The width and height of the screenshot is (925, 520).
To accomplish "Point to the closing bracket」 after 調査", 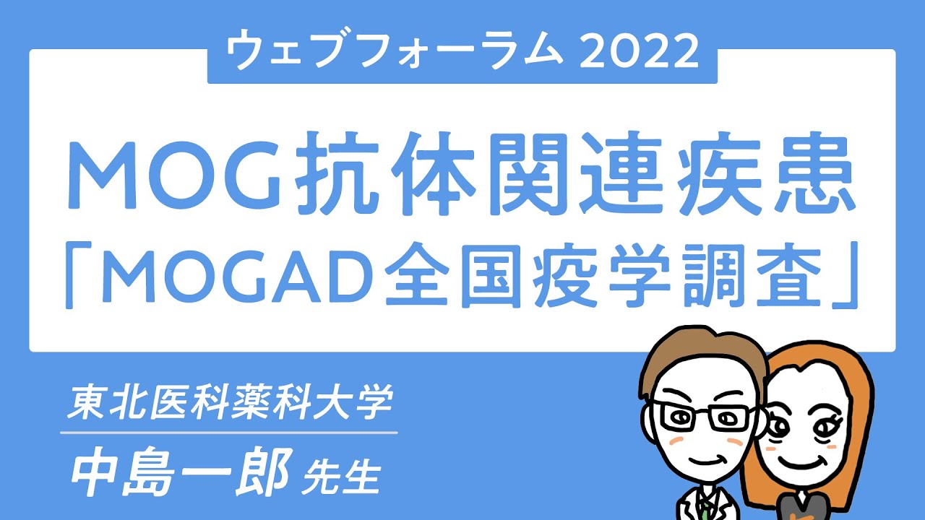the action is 848,275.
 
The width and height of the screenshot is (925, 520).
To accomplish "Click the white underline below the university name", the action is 229,433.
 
